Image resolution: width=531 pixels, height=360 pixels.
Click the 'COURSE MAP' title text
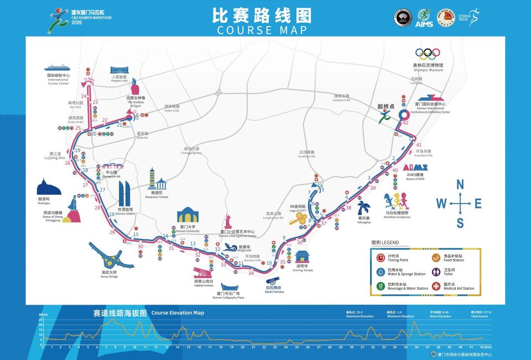[x=265, y=29]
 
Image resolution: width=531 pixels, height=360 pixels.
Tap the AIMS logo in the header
[x=424, y=18]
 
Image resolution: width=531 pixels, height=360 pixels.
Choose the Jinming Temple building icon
[x=303, y=258]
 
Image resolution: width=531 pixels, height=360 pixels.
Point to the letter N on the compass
[x=460, y=185]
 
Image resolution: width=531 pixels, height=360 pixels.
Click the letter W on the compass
[x=441, y=204]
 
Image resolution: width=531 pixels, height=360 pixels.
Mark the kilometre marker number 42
[x=405, y=123]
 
